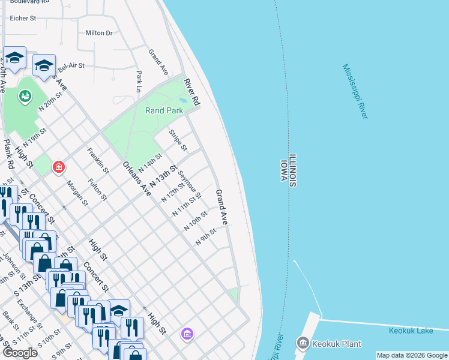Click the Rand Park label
pos(164,110)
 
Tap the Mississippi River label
pos(355,92)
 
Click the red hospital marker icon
pos(58,167)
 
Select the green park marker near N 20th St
pos(25,95)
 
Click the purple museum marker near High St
pos(187,333)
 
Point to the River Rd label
pos(191,92)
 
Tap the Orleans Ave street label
pos(136,178)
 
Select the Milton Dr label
pos(99,33)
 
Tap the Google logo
pos(20,353)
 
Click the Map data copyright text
pos(412,355)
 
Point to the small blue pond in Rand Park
pos(183,100)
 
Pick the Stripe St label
pos(178,140)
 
